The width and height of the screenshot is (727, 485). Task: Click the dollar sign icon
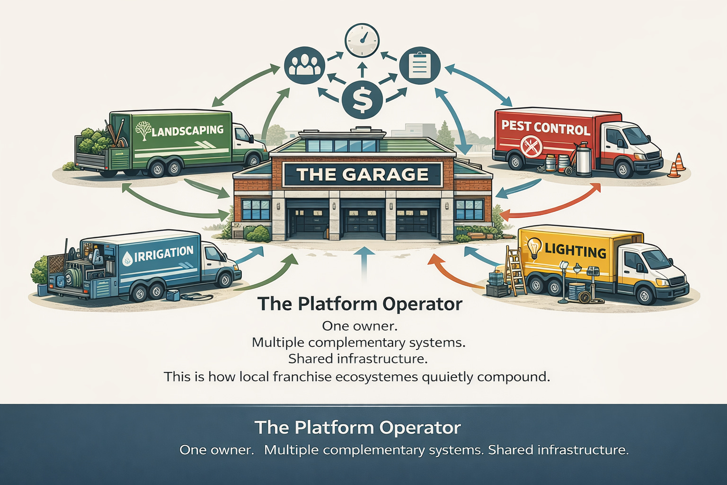click(362, 99)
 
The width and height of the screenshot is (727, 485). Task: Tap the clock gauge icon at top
click(362, 40)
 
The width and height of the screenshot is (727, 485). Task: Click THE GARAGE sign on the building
click(362, 174)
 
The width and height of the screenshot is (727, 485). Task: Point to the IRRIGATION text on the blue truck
click(164, 254)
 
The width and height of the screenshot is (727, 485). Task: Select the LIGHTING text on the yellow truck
click(575, 250)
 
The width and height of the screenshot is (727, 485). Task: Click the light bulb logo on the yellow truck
click(534, 247)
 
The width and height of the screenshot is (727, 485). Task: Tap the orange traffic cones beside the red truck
click(677, 166)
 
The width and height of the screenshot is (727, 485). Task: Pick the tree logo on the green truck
click(143, 129)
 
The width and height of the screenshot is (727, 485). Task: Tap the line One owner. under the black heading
click(359, 326)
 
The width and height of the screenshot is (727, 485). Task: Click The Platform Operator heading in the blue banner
click(358, 427)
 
